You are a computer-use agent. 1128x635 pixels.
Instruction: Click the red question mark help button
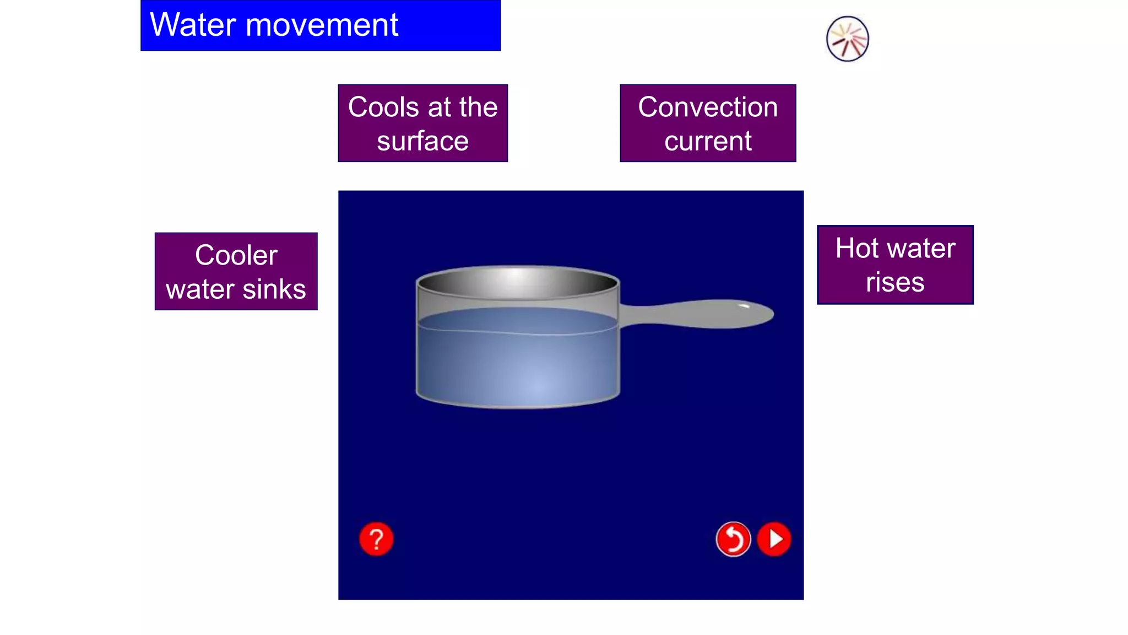[x=376, y=539]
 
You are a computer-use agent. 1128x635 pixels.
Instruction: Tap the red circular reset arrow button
[x=733, y=539]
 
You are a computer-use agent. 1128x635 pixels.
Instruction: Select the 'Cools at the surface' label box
[x=422, y=123]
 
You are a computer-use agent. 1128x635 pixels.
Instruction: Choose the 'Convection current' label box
[x=708, y=123]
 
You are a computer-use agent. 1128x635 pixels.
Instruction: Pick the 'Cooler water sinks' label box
[x=236, y=271]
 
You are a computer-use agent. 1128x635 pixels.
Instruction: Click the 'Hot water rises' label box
[x=895, y=265]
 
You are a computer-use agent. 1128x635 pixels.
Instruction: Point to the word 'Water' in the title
[x=193, y=25]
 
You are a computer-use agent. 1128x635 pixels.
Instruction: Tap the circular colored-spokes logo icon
[x=847, y=39]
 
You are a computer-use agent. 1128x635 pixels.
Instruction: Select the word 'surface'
[x=422, y=141]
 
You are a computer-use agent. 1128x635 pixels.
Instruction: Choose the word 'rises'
[x=895, y=282]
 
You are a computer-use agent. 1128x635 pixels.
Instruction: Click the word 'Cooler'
[x=236, y=255]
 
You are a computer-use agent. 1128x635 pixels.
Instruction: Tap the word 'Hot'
[x=856, y=248]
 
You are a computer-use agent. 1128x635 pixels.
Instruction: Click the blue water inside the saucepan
[x=518, y=364]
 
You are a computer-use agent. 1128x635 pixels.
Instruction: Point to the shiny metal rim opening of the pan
[x=518, y=282]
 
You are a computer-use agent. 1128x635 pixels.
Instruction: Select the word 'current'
[x=708, y=141]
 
